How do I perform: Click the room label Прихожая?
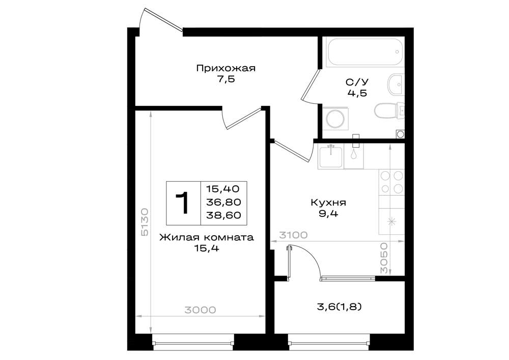coord(225,68)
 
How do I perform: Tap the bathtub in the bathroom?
coord(365,52)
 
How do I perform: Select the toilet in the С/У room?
coord(388,110)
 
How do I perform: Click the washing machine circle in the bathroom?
coord(335,119)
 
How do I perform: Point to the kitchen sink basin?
coord(330,157)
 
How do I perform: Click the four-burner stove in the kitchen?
coord(391,182)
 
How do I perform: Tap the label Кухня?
coord(328,203)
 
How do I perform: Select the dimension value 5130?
coord(145,222)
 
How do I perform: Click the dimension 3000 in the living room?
coord(200,310)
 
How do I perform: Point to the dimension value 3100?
coord(293,235)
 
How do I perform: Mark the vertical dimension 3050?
coord(384,258)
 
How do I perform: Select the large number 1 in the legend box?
coord(183,203)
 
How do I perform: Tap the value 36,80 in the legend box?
coord(223,202)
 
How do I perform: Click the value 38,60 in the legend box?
coord(223,215)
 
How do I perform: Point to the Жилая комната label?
coord(207,238)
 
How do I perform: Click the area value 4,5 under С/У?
coord(357,93)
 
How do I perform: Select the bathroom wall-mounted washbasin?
coord(395,85)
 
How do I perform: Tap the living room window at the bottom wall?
coord(193,343)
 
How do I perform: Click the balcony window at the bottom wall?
coord(329,343)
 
